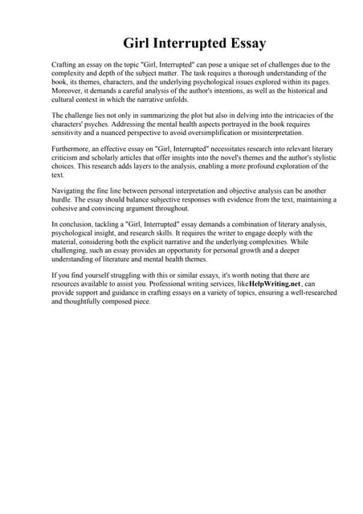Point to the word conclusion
[75, 225]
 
